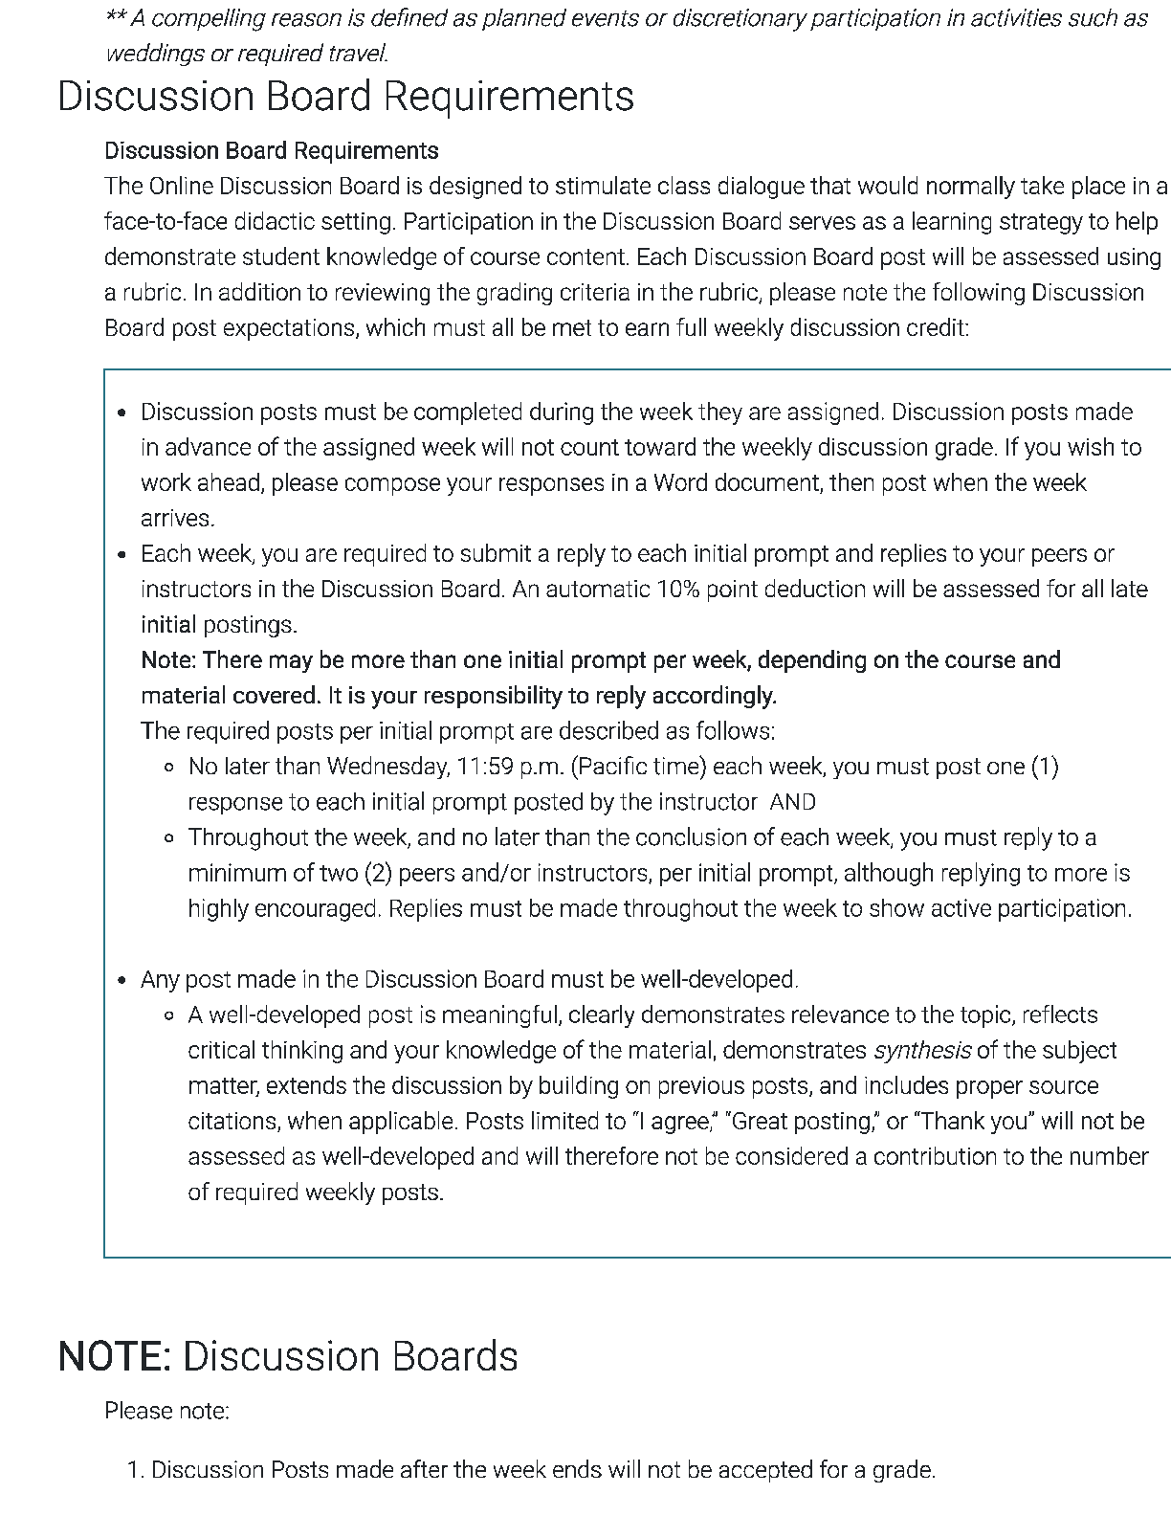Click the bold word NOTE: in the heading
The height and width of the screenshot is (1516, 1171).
(x=114, y=1357)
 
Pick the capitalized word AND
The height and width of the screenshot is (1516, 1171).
(x=792, y=802)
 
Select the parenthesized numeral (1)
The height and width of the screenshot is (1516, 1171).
(x=1044, y=767)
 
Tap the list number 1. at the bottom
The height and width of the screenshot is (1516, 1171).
(x=135, y=1470)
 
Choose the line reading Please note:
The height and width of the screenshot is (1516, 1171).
(x=166, y=1412)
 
